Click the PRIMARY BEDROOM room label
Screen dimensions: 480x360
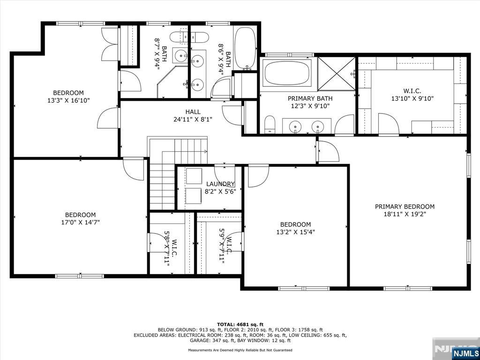pyautogui.click(x=405, y=207)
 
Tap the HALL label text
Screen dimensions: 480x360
pyautogui.click(x=193, y=112)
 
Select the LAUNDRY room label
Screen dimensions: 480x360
pyautogui.click(x=220, y=184)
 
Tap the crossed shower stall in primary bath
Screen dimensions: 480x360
pyautogui.click(x=336, y=74)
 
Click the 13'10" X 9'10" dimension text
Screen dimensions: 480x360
pyautogui.click(x=412, y=98)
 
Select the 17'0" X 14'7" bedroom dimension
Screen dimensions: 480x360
pyautogui.click(x=80, y=222)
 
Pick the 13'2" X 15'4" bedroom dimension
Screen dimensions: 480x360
pyautogui.click(x=295, y=232)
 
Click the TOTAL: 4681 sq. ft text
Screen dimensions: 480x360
pyautogui.click(x=240, y=324)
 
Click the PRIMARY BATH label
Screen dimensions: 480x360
pyautogui.click(x=310, y=98)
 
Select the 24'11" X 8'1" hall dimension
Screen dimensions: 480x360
pyautogui.click(x=193, y=120)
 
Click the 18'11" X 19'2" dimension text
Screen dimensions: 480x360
pyautogui.click(x=405, y=214)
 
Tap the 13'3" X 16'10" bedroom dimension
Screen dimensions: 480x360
pyautogui.click(x=68, y=100)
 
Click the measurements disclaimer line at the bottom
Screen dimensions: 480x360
pyautogui.click(x=240, y=350)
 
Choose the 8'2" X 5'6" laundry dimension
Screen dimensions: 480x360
pyautogui.click(x=220, y=192)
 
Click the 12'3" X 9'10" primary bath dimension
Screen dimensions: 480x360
pyautogui.click(x=310, y=106)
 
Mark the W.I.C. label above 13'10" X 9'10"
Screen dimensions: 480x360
pyautogui.click(x=412, y=90)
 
